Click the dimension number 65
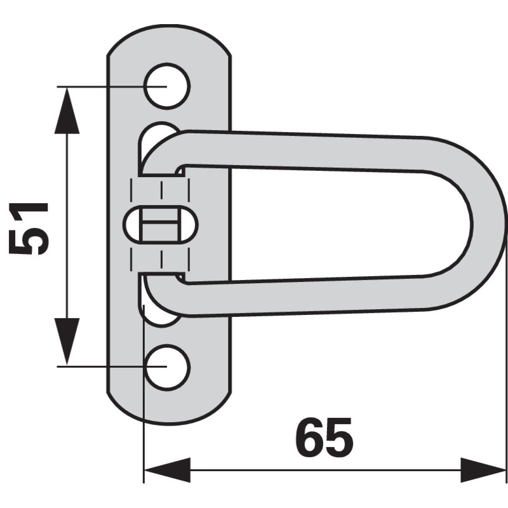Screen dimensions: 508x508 tap(324, 438)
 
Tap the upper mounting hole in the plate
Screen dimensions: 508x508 tap(167, 85)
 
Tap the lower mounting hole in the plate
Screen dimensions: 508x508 tap(167, 366)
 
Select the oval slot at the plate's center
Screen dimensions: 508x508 tap(161, 226)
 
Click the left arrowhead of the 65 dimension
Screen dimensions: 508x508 tap(167, 471)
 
